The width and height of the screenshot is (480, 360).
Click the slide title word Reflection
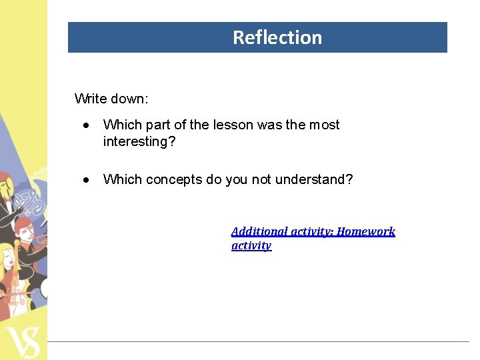tap(277, 37)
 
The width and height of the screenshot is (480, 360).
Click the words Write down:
tap(111, 99)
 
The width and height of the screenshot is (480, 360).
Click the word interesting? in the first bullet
tap(139, 141)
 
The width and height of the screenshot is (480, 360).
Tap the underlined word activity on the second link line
tap(251, 245)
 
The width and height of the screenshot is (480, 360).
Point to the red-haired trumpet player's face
tap(24, 231)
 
